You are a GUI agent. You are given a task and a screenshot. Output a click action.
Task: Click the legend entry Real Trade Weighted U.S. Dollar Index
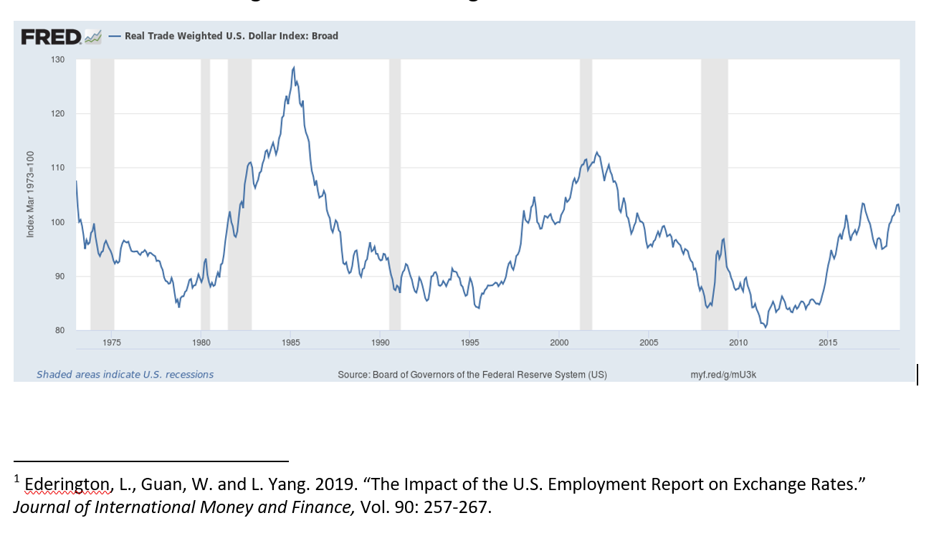231,36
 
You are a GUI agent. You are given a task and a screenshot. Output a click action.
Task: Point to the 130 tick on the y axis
58,59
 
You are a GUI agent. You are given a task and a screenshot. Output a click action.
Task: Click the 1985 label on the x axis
291,343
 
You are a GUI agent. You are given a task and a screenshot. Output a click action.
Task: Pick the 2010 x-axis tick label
738,343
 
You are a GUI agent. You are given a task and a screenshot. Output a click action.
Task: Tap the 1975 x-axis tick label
112,343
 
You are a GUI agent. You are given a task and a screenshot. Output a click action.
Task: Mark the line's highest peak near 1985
294,67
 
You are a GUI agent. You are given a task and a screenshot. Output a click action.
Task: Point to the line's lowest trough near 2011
766,327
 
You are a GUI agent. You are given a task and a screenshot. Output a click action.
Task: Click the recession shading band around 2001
586,193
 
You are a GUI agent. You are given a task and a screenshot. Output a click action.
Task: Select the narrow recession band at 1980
205,193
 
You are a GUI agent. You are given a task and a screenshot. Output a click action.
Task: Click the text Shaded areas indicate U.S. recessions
125,375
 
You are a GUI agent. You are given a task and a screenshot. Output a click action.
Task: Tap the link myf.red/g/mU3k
723,375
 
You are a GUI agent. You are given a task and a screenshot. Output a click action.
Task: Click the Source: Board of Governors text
472,375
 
